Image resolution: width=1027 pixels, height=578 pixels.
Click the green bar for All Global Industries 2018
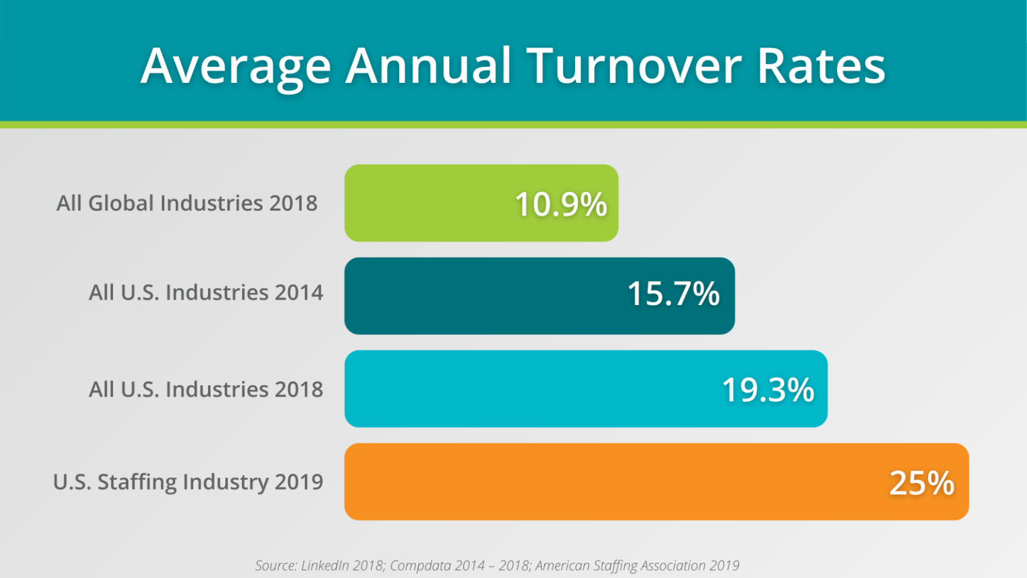(428, 203)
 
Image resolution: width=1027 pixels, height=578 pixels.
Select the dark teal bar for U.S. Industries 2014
(481, 296)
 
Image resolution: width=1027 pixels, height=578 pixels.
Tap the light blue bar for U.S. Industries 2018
(528, 389)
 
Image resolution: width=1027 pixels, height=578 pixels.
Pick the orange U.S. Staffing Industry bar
(602, 482)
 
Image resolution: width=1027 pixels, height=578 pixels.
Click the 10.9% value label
(560, 204)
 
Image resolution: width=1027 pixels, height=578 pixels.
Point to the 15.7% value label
(673, 294)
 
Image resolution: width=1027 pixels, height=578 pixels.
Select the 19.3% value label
(768, 389)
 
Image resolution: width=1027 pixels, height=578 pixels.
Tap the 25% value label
(921, 482)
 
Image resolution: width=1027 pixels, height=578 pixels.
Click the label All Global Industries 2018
(187, 203)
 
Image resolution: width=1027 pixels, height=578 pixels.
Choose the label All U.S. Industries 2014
(206, 292)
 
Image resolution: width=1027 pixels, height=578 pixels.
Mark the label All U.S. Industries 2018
(206, 389)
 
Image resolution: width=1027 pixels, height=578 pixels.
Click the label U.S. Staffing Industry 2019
(188, 482)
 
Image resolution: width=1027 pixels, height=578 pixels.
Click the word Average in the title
(235, 67)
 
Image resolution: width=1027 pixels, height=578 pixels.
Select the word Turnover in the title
(634, 66)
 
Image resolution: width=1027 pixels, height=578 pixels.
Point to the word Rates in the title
(821, 66)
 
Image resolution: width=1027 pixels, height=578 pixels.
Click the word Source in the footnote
(275, 566)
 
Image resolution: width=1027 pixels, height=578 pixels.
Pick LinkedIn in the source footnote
(325, 566)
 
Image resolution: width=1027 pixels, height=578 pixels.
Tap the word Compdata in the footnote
(419, 566)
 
